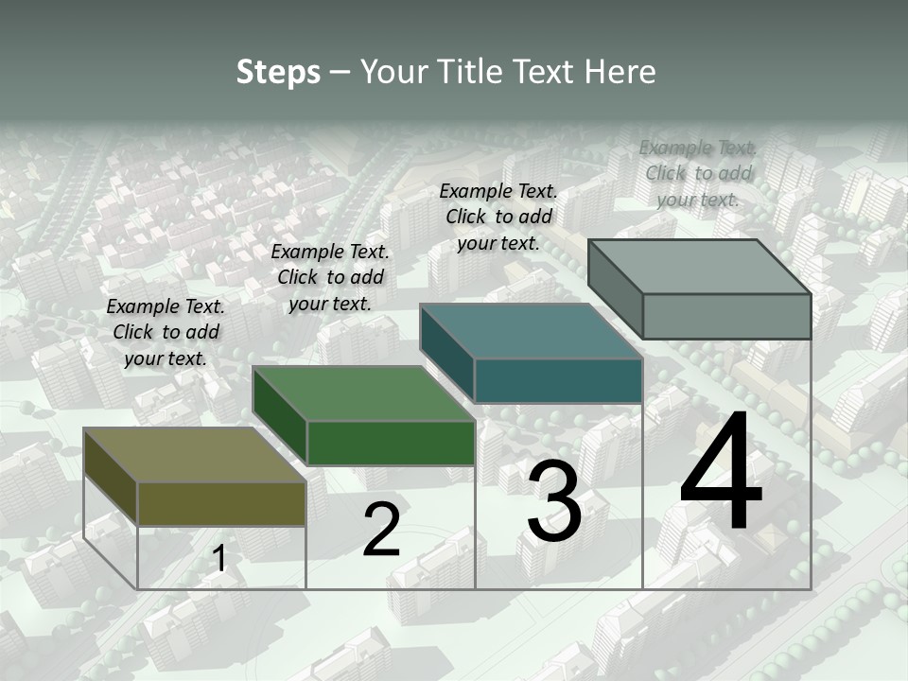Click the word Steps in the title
pos(278,72)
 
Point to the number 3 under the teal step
pos(554,503)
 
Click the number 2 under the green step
pos(381,530)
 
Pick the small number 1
pos(219,559)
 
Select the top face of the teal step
pos(531,331)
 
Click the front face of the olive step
pos(221,503)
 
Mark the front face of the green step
pos(391,443)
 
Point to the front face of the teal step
pos(558,380)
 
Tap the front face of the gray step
pos(726,316)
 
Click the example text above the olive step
pos(166,332)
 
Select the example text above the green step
pos(330,277)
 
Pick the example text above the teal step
pos(498,217)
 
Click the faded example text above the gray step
pos(698,173)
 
